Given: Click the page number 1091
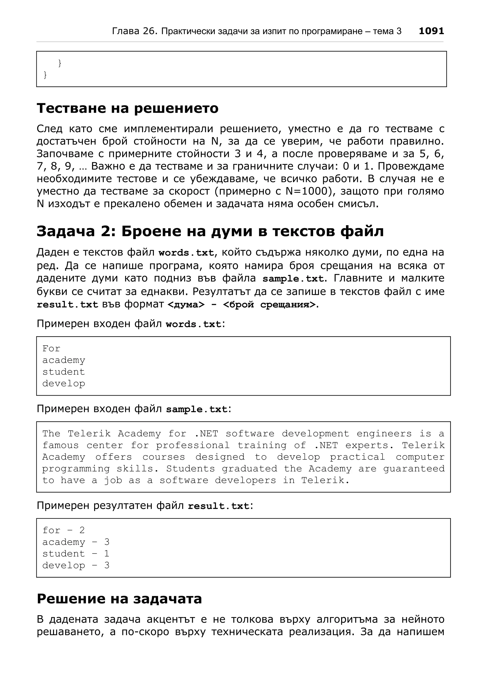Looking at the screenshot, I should coord(431,31).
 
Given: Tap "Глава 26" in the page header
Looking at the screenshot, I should coord(134,31).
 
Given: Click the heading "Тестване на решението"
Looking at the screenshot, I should coord(127,108).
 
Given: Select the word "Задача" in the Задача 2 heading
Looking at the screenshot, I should coord(66,231).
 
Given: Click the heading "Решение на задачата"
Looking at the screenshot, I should coord(119,598).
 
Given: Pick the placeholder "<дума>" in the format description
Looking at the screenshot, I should coord(186,305).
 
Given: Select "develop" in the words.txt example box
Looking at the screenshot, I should coord(63,383).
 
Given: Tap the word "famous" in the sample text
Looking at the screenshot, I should coord(61,445).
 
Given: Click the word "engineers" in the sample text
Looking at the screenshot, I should coord(384,433).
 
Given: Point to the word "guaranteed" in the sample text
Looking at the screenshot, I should coord(414,469).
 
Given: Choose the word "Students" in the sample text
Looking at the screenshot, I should coord(190,469).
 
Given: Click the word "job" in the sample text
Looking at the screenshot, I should coord(113,480).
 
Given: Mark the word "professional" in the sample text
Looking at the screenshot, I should coord(193,445).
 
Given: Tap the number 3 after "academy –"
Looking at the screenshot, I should coord(107,542).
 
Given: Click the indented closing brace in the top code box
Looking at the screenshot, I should coord(60,63).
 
